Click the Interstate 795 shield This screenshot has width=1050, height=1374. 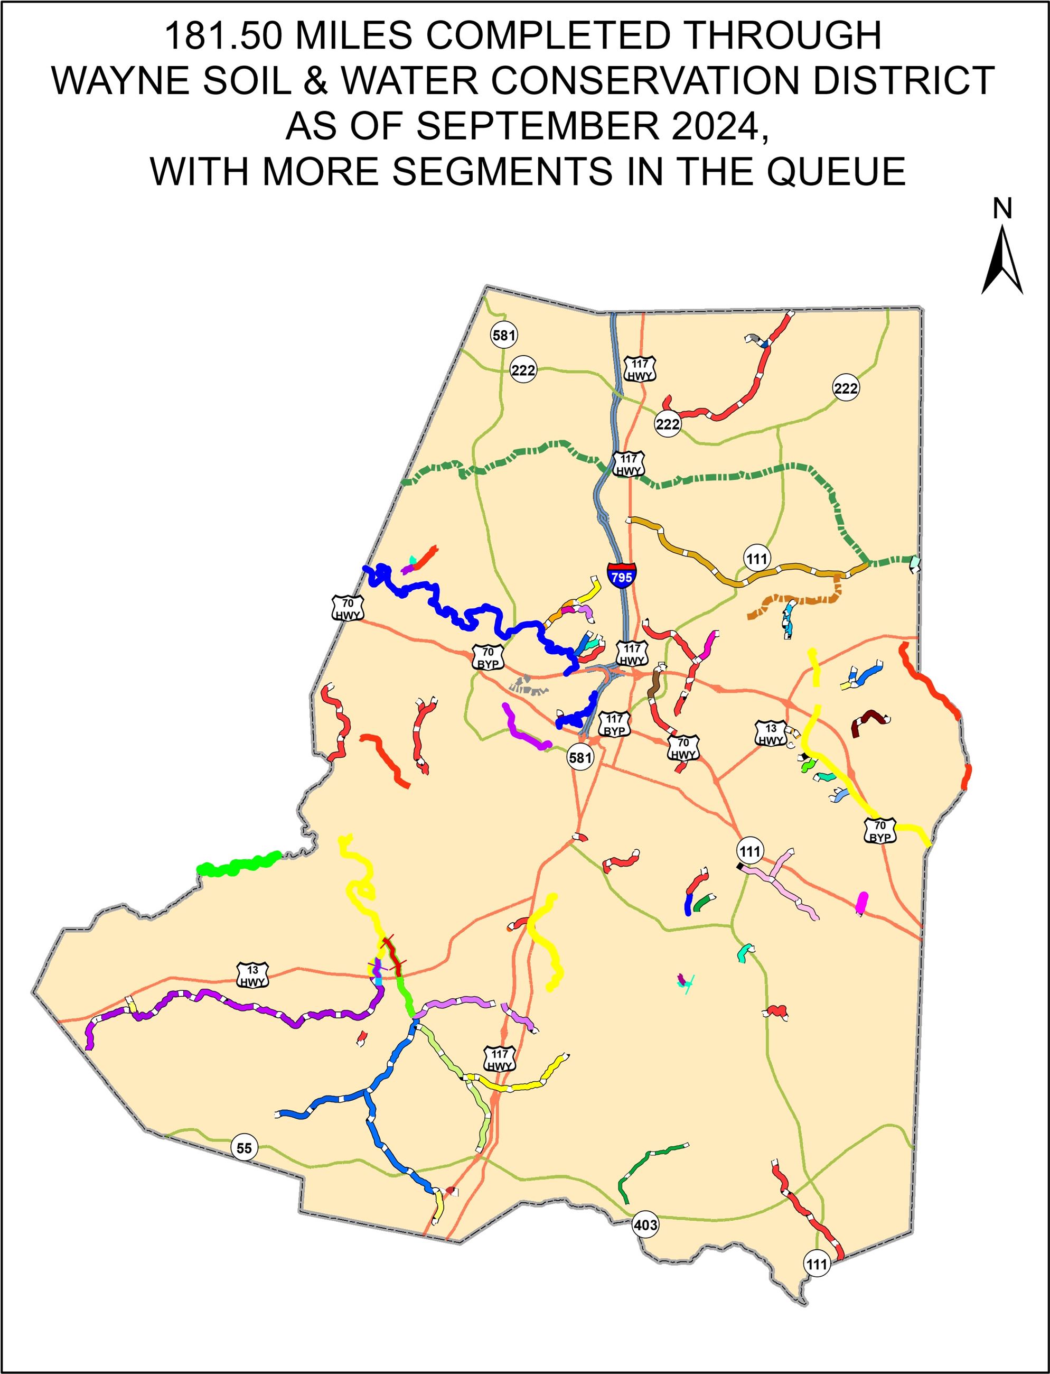[621, 573]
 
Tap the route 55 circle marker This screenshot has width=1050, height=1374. [244, 1148]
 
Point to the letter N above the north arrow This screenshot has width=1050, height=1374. [1002, 208]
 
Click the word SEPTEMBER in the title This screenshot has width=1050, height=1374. [538, 126]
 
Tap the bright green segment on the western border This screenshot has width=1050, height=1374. [238, 865]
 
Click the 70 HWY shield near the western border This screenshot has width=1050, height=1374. [348, 608]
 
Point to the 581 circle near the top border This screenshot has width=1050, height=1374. [504, 335]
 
